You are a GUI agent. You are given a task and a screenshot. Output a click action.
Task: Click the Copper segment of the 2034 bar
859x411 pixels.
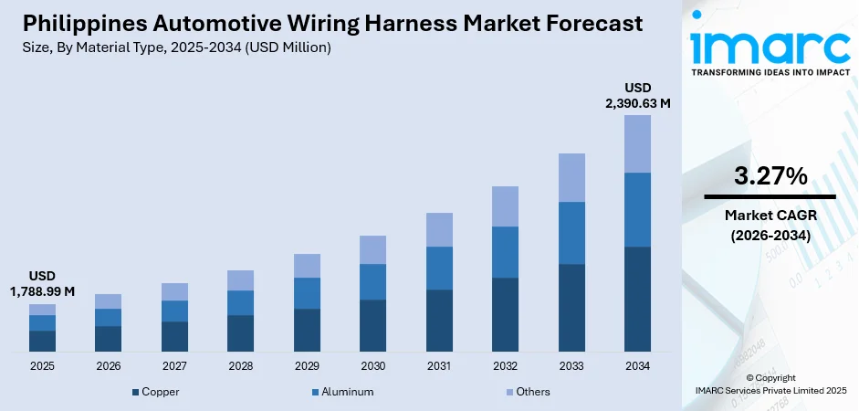pyautogui.click(x=637, y=299)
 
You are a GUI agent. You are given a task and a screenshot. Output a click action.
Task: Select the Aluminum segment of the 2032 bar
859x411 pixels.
pyautogui.click(x=505, y=252)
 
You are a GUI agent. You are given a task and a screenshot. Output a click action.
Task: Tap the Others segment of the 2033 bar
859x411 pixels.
pyautogui.click(x=571, y=177)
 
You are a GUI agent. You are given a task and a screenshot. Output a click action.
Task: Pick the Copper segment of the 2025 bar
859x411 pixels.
pyautogui.click(x=42, y=341)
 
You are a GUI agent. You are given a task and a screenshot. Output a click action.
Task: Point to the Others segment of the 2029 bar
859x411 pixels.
pyautogui.click(x=307, y=266)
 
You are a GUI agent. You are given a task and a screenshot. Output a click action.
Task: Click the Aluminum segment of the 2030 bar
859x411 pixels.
pyautogui.click(x=372, y=281)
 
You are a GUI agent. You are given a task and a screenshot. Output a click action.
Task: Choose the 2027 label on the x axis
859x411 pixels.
pyautogui.click(x=174, y=366)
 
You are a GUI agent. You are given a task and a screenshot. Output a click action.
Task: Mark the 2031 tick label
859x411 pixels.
pyautogui.click(x=439, y=366)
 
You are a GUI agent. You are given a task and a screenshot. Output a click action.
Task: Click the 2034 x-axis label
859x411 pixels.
pyautogui.click(x=637, y=366)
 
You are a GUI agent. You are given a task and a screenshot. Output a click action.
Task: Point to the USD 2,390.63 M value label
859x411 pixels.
pyautogui.click(x=637, y=95)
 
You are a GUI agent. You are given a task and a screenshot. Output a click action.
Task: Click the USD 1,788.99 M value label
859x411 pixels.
pyautogui.click(x=42, y=283)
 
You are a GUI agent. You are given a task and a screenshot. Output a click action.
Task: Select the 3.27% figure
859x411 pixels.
pyautogui.click(x=770, y=176)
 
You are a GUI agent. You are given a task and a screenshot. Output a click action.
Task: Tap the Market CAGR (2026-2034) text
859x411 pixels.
pyautogui.click(x=770, y=225)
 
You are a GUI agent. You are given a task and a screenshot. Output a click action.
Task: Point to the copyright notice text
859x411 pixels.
pyautogui.click(x=770, y=384)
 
